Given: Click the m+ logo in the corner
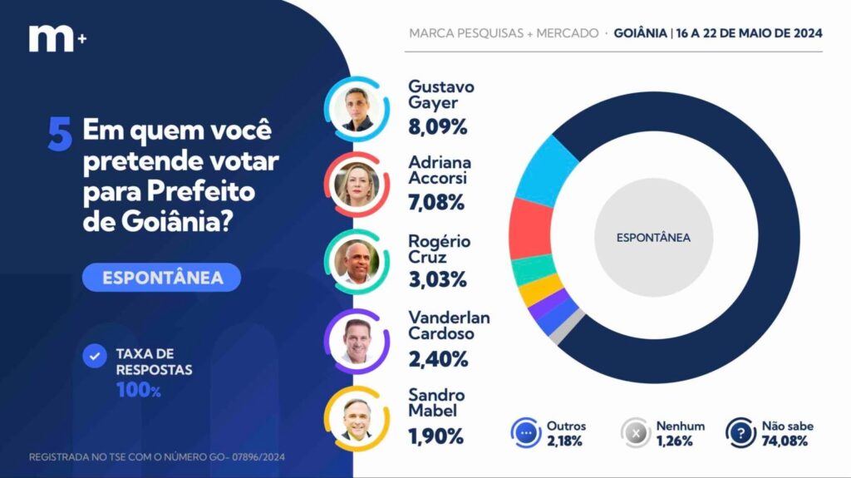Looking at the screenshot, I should click(x=57, y=38).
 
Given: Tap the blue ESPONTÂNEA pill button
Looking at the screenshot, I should click(x=162, y=278).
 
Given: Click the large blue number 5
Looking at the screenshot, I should click(x=60, y=135).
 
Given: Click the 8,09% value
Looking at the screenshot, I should click(x=437, y=127).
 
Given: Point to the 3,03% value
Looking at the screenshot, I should click(x=436, y=281).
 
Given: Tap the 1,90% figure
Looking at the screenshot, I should click(x=435, y=436).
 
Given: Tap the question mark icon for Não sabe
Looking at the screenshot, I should click(x=740, y=433).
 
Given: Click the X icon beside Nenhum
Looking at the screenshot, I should click(x=636, y=433).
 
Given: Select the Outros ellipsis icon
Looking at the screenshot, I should click(x=525, y=433).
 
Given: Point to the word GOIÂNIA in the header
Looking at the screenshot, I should click(x=641, y=33).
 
